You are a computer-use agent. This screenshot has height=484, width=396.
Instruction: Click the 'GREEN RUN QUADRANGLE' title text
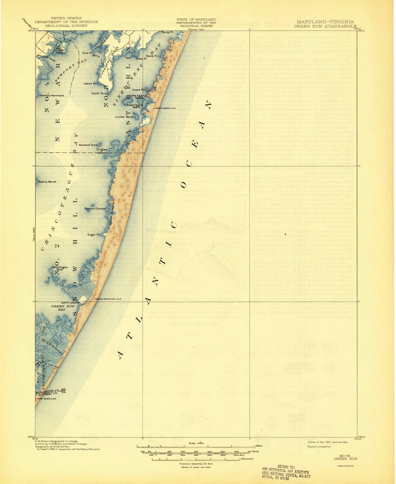point(325,26)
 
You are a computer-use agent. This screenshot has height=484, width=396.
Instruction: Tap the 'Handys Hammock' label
point(52,95)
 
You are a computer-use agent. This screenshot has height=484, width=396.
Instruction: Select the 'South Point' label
point(99,93)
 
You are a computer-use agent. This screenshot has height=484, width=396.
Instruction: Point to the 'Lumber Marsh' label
point(125,117)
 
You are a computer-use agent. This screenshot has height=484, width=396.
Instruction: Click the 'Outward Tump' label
point(88,145)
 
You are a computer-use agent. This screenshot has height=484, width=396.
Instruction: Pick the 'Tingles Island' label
point(102,151)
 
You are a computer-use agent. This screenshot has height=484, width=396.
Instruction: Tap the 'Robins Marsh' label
point(47,181)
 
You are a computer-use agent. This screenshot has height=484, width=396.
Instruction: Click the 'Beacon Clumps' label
point(95,209)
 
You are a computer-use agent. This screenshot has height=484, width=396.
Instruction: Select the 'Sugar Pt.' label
point(93,235)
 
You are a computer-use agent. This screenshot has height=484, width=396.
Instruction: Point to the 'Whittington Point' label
point(60,268)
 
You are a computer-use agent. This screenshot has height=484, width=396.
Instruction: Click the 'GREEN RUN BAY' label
point(58,308)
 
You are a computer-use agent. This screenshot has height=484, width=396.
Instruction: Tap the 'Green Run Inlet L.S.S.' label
point(109,299)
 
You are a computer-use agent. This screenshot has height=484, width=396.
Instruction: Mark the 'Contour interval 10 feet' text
point(196,464)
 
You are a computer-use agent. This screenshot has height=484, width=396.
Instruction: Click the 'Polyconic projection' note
point(320,446)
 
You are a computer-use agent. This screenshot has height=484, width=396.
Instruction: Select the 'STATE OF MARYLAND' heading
point(196,19)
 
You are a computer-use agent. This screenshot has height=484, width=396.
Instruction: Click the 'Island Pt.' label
point(89,84)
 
